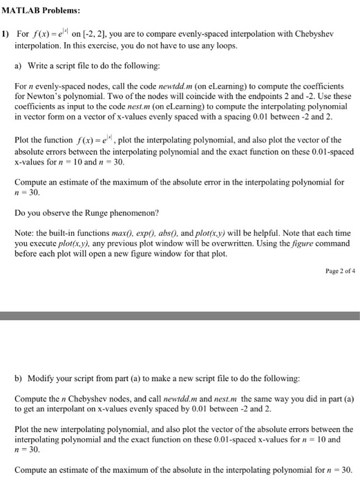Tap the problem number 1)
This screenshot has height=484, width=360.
click(5, 34)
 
